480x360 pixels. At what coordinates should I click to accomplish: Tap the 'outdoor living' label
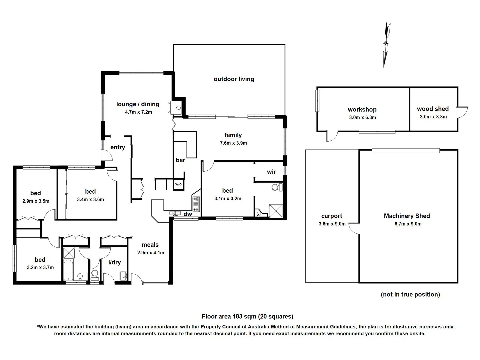(234, 79)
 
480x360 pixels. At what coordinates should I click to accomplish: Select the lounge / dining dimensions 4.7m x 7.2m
(138, 112)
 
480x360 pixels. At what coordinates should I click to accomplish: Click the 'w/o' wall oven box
(178, 184)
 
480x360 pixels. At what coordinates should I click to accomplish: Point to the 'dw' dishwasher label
(188, 214)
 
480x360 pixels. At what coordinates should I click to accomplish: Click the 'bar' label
(180, 160)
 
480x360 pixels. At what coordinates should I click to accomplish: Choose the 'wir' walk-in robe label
(271, 172)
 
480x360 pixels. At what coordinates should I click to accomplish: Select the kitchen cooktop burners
(196, 204)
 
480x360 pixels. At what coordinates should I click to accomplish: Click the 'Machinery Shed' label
(407, 216)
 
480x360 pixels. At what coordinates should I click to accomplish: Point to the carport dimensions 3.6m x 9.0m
(332, 224)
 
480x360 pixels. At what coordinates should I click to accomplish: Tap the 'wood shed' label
(433, 109)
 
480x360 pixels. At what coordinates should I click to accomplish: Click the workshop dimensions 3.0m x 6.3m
(362, 117)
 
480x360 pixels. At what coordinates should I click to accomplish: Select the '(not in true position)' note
(410, 294)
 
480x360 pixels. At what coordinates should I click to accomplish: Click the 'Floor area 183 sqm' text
(247, 317)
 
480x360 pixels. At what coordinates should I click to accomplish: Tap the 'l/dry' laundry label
(114, 262)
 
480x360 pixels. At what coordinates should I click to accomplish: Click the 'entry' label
(118, 147)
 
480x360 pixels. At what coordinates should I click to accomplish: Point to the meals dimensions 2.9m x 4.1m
(150, 253)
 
